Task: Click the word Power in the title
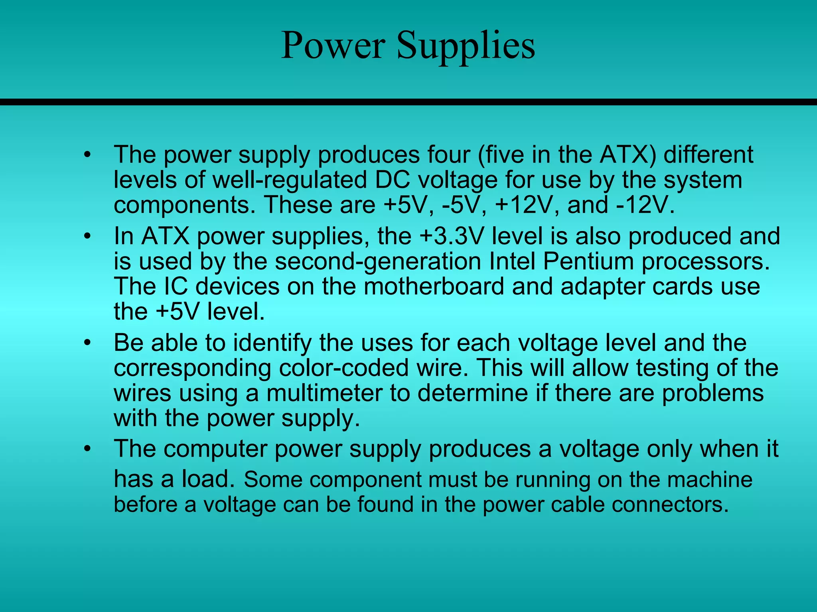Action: pos(333,46)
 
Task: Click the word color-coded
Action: pos(343,368)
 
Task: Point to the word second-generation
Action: pos(378,261)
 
